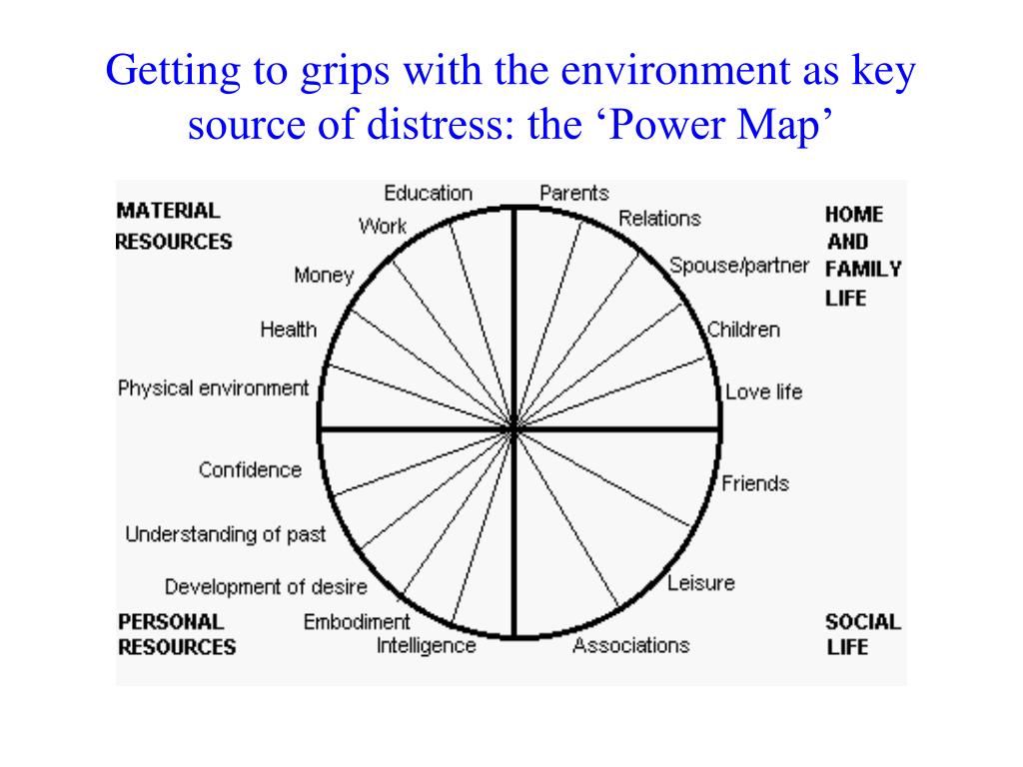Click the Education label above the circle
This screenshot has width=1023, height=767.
pyautogui.click(x=428, y=193)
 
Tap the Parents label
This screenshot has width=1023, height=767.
pyautogui.click(x=573, y=193)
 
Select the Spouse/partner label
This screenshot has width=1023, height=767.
pyautogui.click(x=738, y=267)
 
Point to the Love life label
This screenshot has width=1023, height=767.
pyautogui.click(x=763, y=392)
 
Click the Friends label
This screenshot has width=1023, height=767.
pyautogui.click(x=755, y=483)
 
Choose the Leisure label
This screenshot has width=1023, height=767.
pyautogui.click(x=700, y=582)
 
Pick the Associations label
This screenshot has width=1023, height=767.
pyautogui.click(x=630, y=645)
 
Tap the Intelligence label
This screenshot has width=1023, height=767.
pyautogui.click(x=426, y=645)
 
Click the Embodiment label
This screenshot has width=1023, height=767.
pyautogui.click(x=357, y=622)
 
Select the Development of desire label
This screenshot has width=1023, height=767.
pyautogui.click(x=266, y=587)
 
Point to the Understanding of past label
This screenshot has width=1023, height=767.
pyautogui.click(x=225, y=534)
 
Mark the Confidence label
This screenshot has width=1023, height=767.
pyautogui.click(x=250, y=469)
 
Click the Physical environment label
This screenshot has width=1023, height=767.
pyautogui.click(x=213, y=388)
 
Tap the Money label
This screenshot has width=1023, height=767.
pyautogui.click(x=324, y=275)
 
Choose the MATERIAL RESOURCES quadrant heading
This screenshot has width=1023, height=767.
pyautogui.click(x=174, y=227)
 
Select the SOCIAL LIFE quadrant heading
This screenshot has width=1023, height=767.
pyautogui.click(x=862, y=634)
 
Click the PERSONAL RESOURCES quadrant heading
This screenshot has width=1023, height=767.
pyautogui.click(x=177, y=634)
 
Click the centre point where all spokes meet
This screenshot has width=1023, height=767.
pyautogui.click(x=514, y=429)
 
